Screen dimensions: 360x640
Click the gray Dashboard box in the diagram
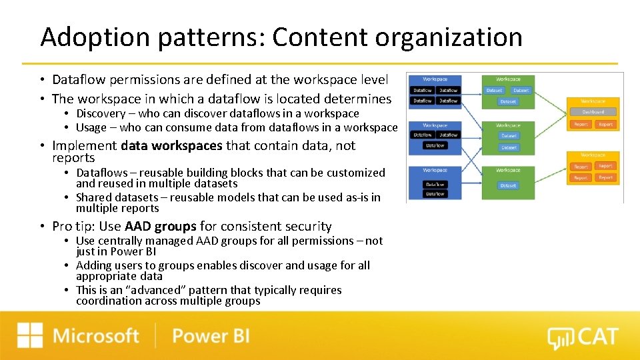(x=593, y=112)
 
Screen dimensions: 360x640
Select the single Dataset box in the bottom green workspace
(x=508, y=186)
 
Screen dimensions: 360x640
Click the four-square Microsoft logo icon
(x=30, y=335)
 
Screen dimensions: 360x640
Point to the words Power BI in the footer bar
(x=211, y=335)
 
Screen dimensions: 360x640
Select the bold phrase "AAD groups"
(x=160, y=227)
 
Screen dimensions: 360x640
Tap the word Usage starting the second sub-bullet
(x=91, y=127)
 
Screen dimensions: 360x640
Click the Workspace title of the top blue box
(x=435, y=79)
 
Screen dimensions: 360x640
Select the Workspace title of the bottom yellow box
(x=593, y=155)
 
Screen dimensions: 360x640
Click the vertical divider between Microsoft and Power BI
(x=155, y=335)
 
